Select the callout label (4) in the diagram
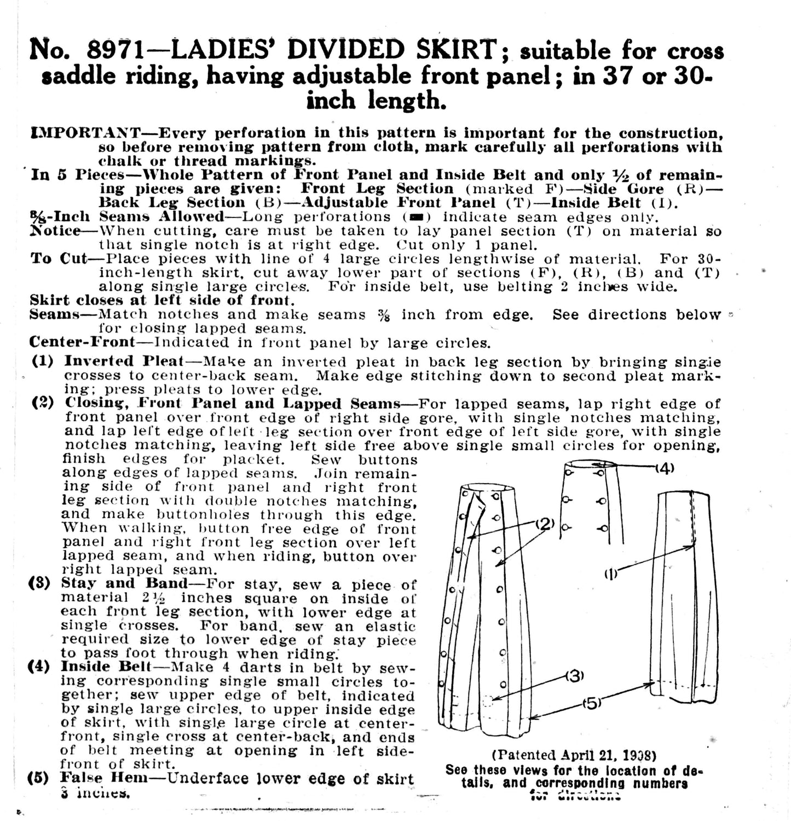(x=665, y=468)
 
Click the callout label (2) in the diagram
(x=545, y=524)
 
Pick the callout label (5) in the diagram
(x=591, y=703)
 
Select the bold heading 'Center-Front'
(x=82, y=342)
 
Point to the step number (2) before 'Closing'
(x=43, y=403)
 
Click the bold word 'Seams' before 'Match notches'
(x=56, y=314)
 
